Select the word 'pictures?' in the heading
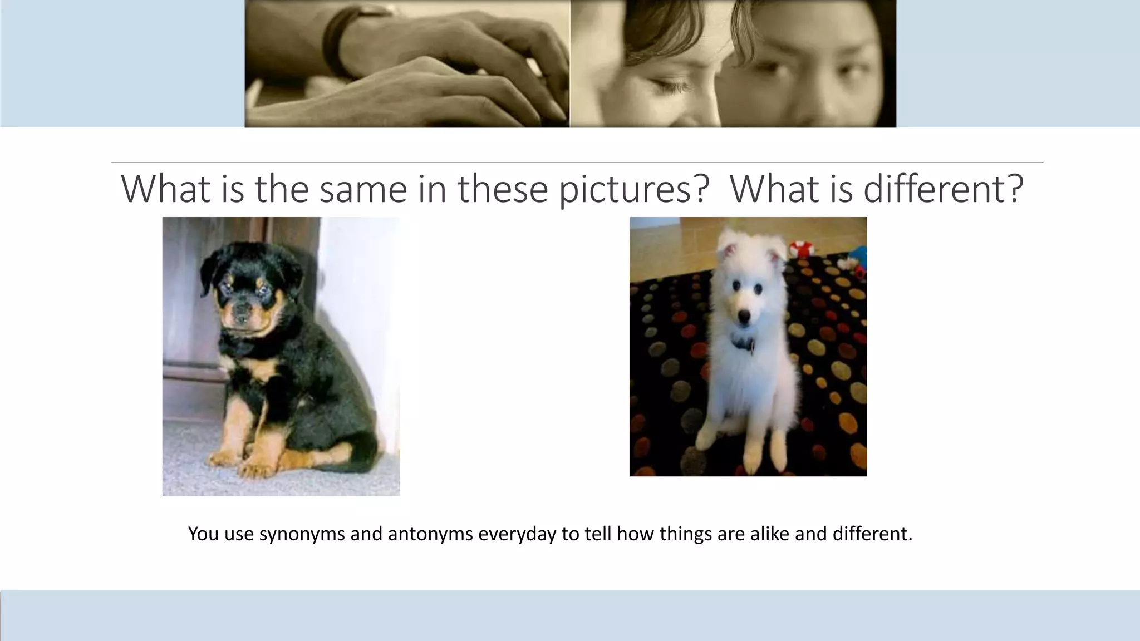pyautogui.click(x=634, y=190)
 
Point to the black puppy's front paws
pyautogui.click(x=239, y=465)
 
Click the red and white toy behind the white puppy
pyautogui.click(x=800, y=248)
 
